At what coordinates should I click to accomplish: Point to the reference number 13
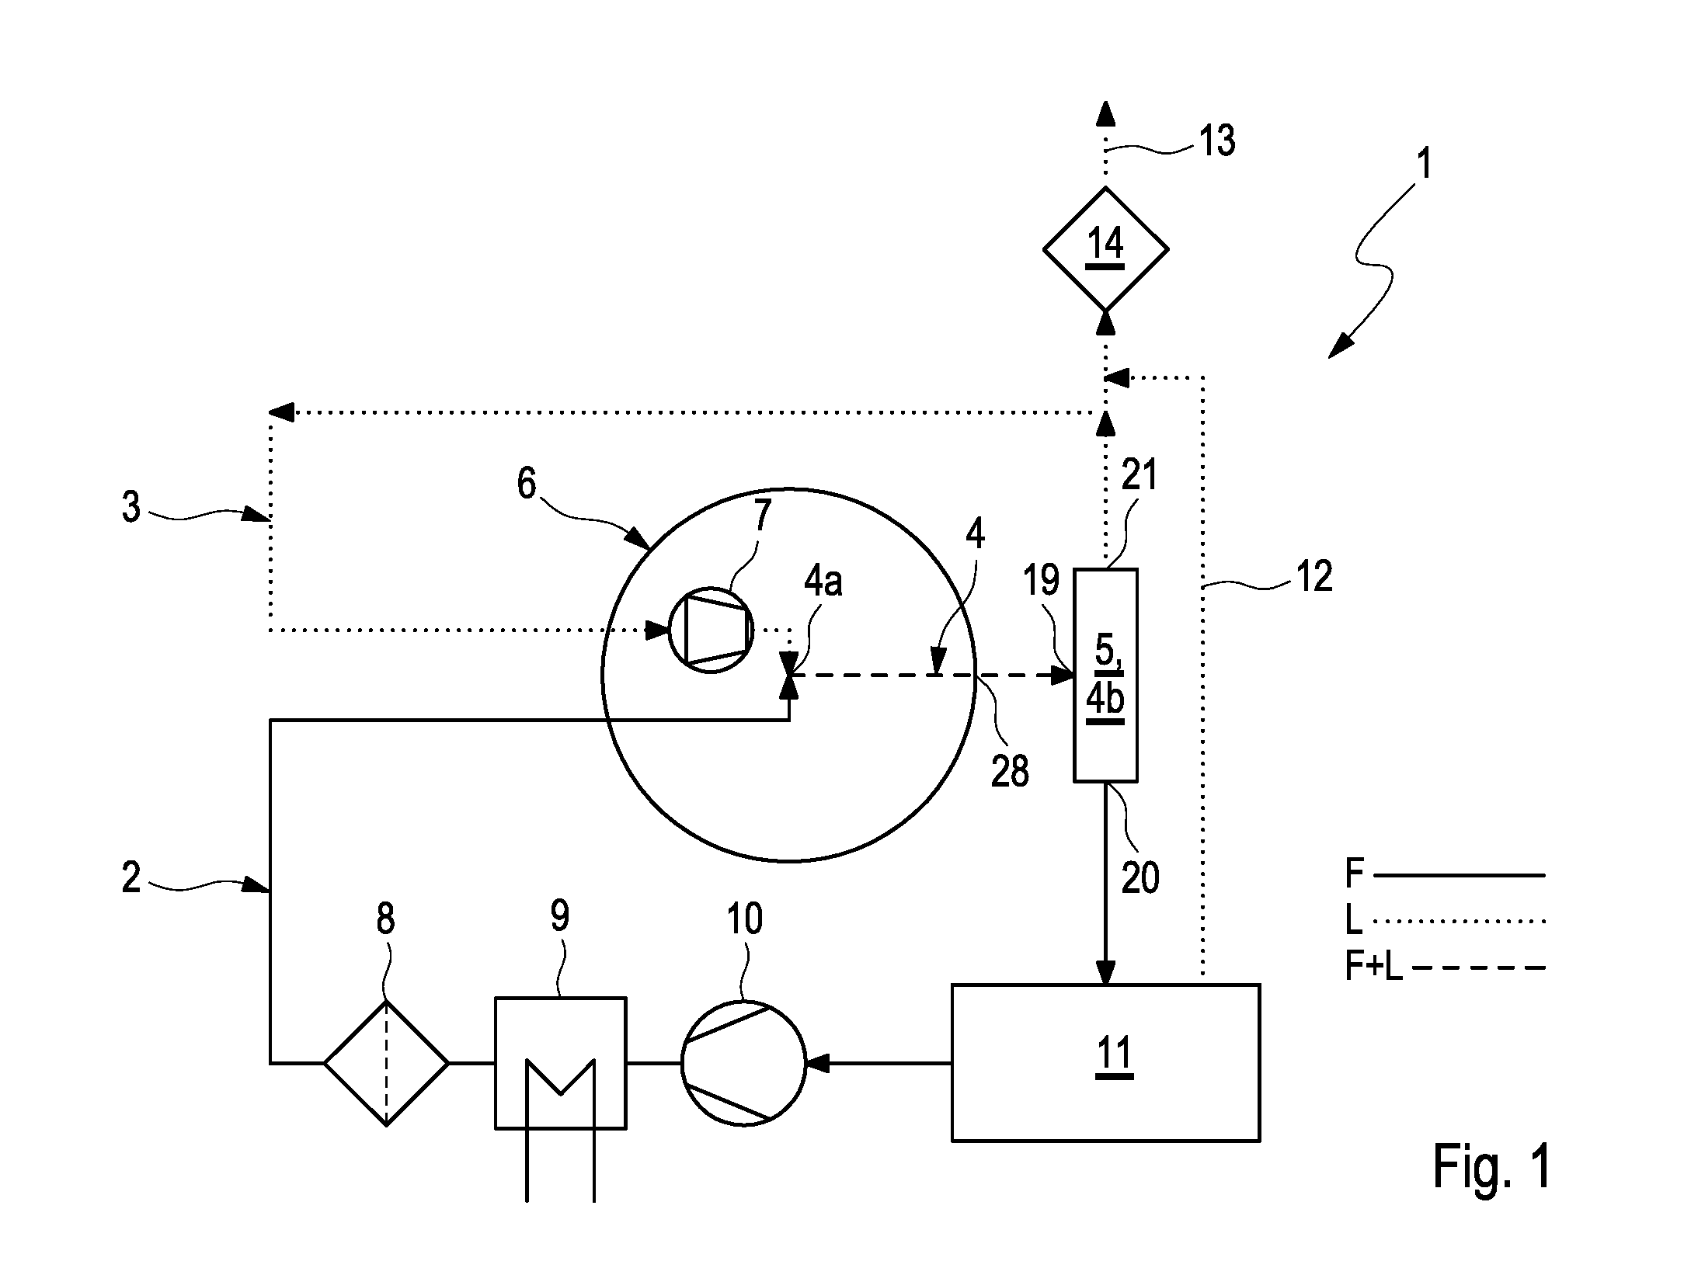coord(1216,141)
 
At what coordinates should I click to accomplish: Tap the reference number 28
coord(1010,771)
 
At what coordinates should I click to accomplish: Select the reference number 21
coord(1140,474)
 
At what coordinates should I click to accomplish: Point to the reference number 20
coord(1140,877)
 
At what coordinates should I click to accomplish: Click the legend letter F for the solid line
coord(1354,874)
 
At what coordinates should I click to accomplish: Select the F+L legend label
coord(1374,967)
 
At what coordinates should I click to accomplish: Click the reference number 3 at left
coord(131,507)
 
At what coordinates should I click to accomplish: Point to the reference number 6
coord(527,483)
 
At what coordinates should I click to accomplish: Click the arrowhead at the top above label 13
coord(1105,113)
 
